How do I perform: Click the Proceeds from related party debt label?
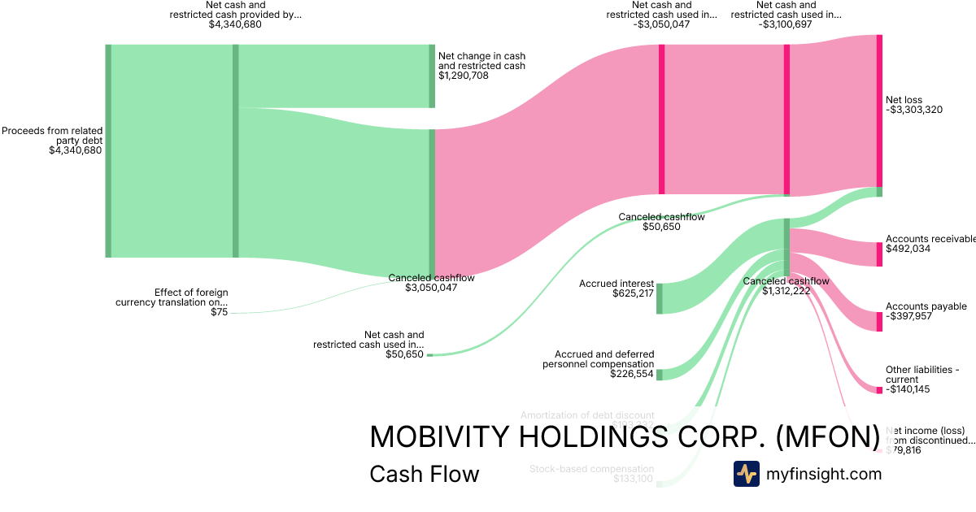point(52,135)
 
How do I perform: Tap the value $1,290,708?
point(464,76)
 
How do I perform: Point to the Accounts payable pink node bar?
point(879,322)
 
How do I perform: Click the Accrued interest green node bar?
point(660,298)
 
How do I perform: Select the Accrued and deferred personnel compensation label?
point(599,359)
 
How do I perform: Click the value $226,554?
point(633,375)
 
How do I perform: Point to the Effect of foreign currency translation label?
point(172,297)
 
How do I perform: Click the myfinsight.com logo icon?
point(747,474)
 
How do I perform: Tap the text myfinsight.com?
point(824,474)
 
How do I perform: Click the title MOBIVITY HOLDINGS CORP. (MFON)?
point(625,437)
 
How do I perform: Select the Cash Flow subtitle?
point(424,474)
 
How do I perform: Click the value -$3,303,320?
point(914,110)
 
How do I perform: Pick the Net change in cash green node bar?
point(433,76)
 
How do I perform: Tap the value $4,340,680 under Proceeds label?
point(76,150)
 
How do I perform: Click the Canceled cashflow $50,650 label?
point(661,222)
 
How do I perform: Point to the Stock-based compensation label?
point(591,469)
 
